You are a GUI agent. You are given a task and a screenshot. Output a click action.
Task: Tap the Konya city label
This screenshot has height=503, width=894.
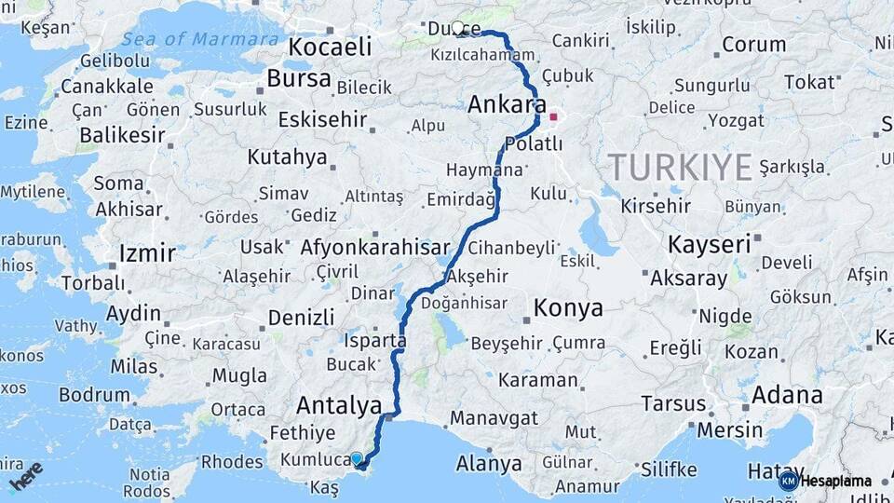click(567, 308)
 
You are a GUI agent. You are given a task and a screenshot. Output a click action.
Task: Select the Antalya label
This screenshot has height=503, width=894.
click(339, 405)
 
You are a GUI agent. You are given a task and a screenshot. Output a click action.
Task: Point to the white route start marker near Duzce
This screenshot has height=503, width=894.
click(457, 28)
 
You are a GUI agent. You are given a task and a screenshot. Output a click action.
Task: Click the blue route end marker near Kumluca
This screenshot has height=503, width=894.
click(357, 458)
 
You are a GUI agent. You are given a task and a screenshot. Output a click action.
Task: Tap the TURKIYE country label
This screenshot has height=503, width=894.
click(680, 167)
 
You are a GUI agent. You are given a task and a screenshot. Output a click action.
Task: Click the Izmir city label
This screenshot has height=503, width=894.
click(147, 253)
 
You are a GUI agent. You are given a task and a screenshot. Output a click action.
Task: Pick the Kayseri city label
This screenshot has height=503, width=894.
click(710, 245)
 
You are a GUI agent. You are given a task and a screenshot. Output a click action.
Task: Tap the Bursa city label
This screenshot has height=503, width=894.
click(298, 78)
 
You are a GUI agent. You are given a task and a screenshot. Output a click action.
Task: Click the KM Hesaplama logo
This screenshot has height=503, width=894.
click(825, 481)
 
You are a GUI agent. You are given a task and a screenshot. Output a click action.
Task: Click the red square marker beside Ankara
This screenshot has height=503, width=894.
click(554, 117)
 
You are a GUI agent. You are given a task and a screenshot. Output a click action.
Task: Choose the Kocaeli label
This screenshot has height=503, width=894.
click(330, 47)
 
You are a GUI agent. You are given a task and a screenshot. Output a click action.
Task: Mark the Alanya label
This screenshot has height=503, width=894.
click(488, 463)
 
